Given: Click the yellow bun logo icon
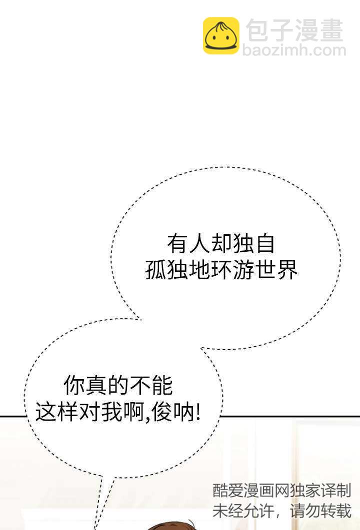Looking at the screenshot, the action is (221, 35).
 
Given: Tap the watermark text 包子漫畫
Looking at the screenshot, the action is (295, 30).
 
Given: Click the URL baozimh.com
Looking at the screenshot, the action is (294, 50).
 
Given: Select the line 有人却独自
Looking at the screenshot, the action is (221, 244).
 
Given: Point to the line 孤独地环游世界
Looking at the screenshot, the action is (221, 270).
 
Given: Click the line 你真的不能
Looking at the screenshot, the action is (118, 386).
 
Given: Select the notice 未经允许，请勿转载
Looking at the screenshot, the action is (282, 511).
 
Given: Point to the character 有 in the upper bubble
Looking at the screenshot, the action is (176, 244).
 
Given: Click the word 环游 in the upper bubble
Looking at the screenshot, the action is (221, 270).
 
